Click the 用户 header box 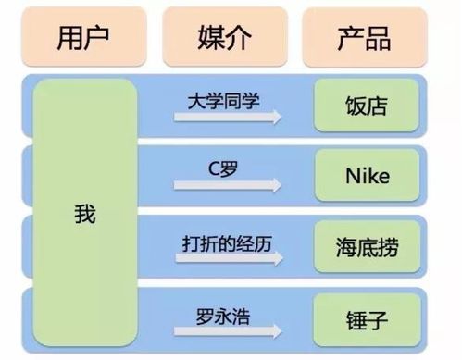(x=82, y=38)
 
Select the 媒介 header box (x=223, y=38)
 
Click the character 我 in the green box (x=84, y=215)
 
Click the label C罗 (x=223, y=169)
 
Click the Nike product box (x=362, y=177)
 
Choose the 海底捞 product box (x=362, y=248)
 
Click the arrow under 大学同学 (x=227, y=118)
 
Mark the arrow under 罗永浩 (x=227, y=330)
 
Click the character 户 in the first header (x=98, y=38)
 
